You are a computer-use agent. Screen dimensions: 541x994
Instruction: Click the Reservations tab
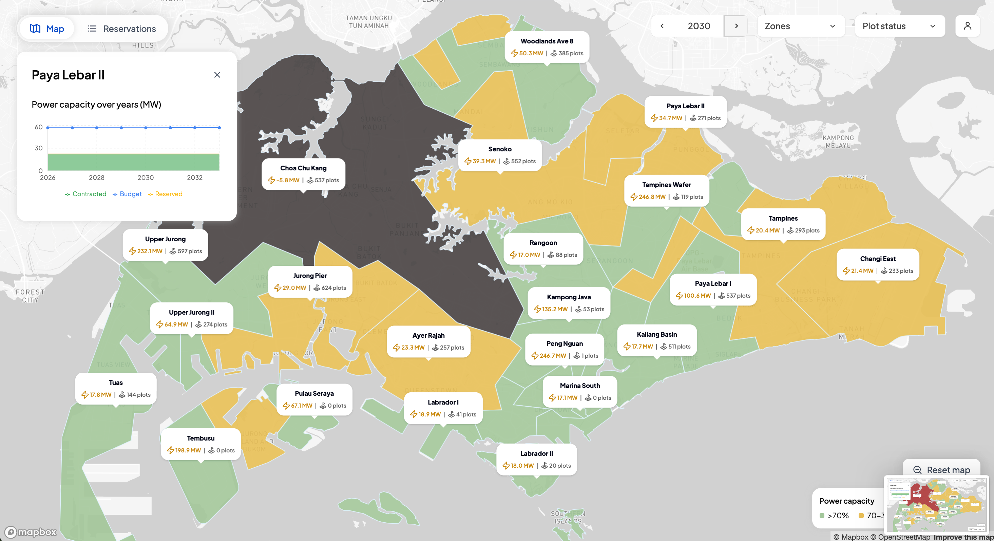[122, 29]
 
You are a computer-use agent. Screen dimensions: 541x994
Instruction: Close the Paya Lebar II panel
[217, 75]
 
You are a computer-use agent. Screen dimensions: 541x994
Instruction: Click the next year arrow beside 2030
[736, 26]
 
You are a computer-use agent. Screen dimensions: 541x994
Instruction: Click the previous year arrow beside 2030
[662, 26]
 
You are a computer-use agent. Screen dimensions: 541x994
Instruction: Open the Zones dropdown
[800, 26]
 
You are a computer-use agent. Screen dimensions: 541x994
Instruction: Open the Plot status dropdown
[899, 26]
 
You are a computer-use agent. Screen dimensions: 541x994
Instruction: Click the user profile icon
[968, 26]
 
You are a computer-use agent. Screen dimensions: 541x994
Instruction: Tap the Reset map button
[941, 470]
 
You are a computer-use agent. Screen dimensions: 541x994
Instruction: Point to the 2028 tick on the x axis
[96, 178]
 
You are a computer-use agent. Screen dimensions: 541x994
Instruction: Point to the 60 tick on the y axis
[39, 127]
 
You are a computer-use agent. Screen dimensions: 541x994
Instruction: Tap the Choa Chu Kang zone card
[303, 174]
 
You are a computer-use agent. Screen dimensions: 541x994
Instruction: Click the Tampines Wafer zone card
[666, 190]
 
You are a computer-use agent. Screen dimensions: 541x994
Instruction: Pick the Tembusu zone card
[200, 444]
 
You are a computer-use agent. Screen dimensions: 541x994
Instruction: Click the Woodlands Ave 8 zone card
[547, 47]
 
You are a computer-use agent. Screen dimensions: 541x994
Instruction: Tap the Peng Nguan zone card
[565, 349]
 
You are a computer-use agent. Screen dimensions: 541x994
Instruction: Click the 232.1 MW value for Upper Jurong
[149, 251]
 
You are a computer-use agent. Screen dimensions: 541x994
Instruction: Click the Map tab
[47, 29]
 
